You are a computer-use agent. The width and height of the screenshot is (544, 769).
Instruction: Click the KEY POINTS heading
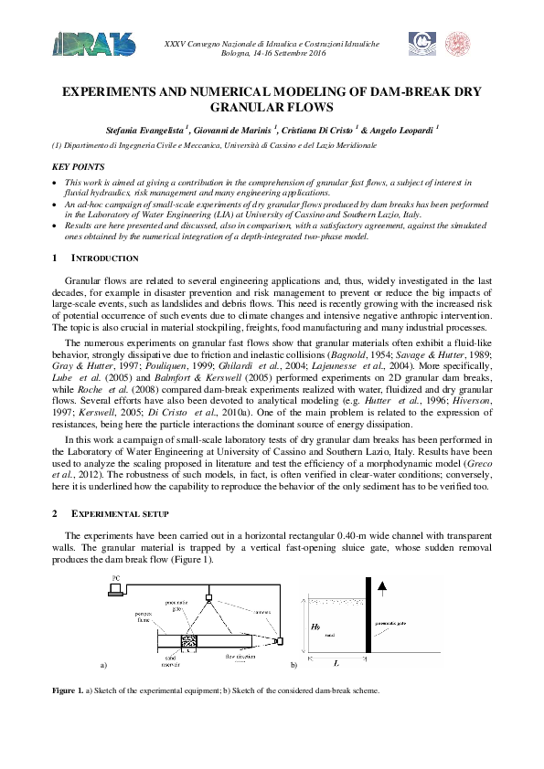tap(78, 167)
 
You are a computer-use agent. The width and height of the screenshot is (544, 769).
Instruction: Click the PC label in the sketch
tap(115, 578)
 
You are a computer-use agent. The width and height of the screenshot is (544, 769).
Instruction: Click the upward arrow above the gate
tap(382, 588)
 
